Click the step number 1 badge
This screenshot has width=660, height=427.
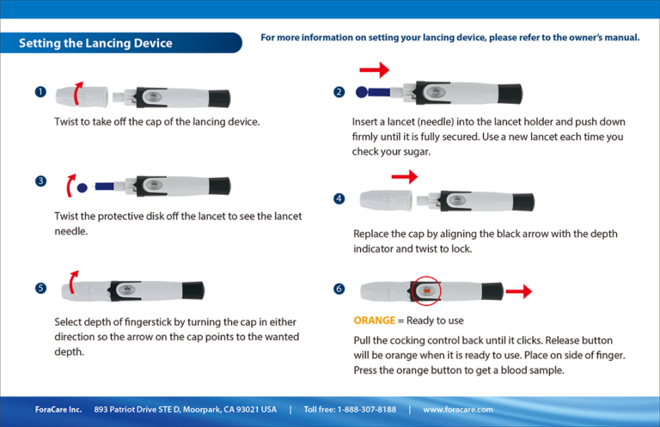click(40, 92)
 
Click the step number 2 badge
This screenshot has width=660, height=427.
click(339, 92)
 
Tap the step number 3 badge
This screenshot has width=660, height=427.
click(40, 180)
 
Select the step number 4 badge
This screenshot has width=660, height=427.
click(339, 198)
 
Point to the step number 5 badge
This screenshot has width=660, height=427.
click(40, 288)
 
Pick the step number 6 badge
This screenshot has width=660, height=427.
click(339, 289)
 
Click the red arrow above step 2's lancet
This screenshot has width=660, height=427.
click(374, 69)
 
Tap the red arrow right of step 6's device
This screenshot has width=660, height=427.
click(518, 292)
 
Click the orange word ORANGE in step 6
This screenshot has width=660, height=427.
click(374, 320)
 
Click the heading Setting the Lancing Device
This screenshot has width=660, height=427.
click(95, 43)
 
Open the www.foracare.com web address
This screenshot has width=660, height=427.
click(458, 409)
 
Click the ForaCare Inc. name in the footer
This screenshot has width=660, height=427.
click(58, 409)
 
